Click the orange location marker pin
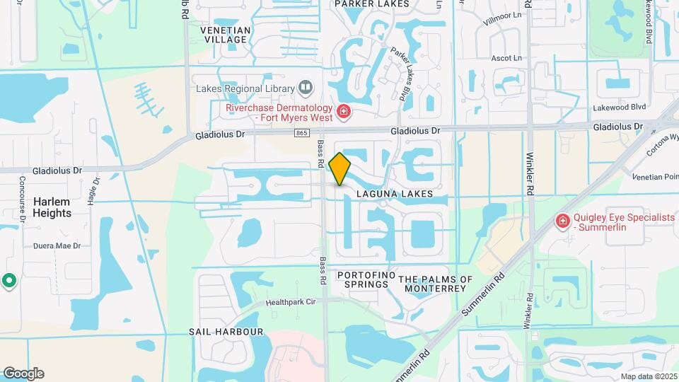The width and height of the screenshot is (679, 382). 340,169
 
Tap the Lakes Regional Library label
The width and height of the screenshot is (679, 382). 245,88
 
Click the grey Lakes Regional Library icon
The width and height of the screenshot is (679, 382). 306,88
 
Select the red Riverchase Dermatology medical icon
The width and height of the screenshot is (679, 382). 344,112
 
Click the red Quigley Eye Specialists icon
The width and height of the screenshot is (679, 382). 563,222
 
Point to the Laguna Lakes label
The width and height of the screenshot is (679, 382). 394,193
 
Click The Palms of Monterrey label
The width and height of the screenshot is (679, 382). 436,284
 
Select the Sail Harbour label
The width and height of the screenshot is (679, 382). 226,331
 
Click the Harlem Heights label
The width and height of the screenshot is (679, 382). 52,207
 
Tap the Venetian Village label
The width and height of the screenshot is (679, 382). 226,35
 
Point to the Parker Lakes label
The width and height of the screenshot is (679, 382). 371,4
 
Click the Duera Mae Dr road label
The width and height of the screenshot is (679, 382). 57,246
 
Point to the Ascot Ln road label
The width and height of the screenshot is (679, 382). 506,57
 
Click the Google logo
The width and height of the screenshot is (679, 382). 23,373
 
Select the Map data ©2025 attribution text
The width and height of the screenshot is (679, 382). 648,376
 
